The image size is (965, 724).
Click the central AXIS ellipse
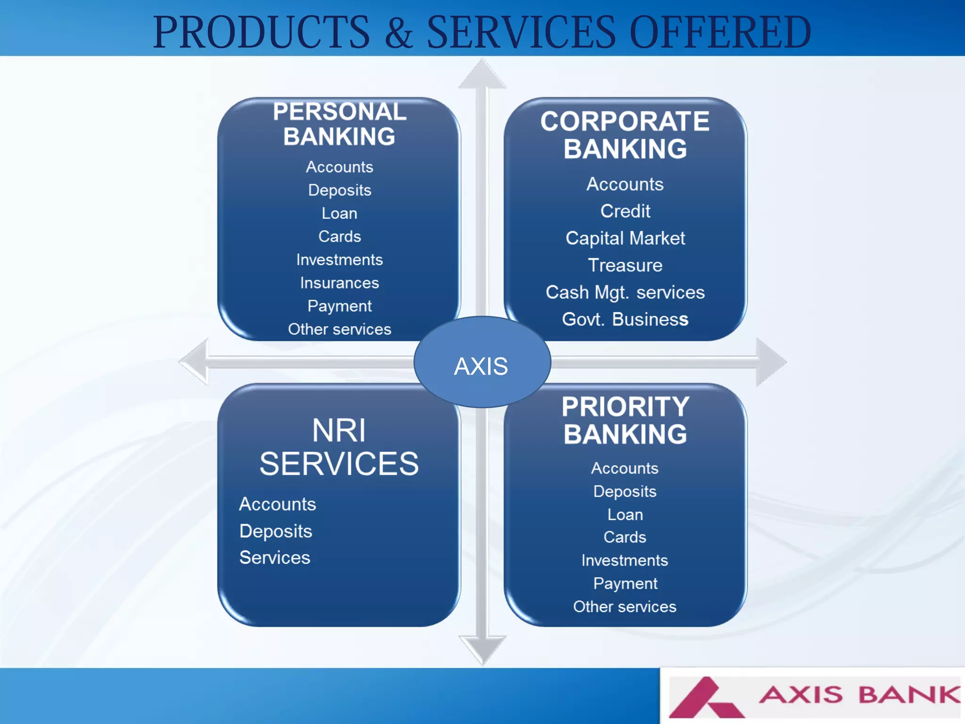482,362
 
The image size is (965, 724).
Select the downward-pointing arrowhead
482,649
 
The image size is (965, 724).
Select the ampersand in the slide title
399,32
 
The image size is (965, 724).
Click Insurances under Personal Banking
339,283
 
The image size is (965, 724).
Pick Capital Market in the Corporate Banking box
625,239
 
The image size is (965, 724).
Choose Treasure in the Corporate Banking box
625,265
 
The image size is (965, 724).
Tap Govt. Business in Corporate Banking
625,320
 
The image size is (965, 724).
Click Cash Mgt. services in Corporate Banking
625,293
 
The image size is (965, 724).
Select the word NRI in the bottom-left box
339,430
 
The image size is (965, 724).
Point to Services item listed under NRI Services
275,558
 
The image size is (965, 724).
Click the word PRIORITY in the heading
625,407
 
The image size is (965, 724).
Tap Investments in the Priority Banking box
624,560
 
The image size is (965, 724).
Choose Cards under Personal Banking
339,237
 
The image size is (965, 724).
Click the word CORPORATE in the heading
625,122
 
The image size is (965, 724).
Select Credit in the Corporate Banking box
625,211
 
